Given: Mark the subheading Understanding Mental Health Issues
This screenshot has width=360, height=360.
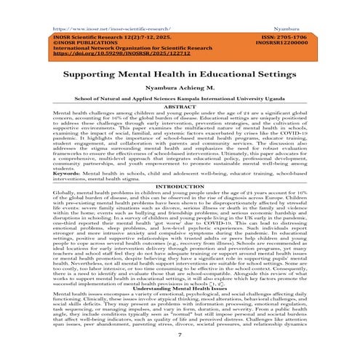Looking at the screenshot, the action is click(x=179, y=289).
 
